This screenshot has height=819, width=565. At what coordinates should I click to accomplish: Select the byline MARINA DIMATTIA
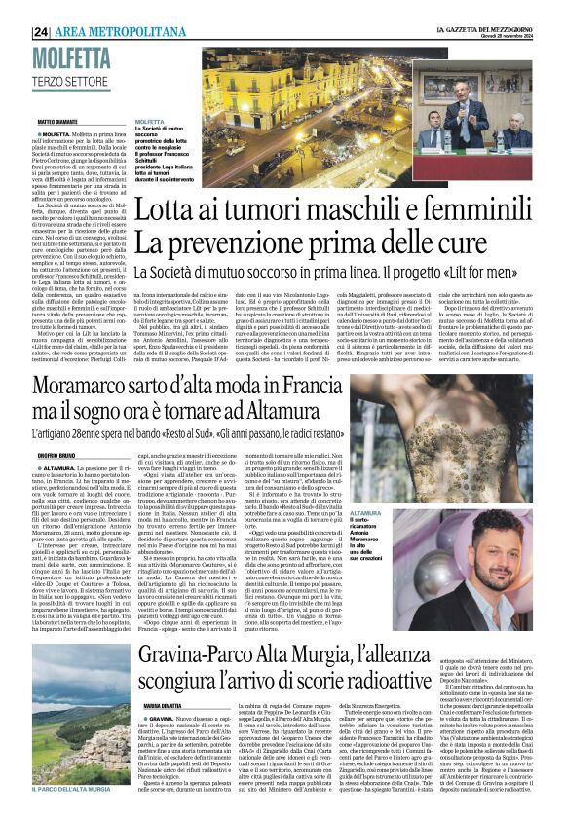tap(164, 704)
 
